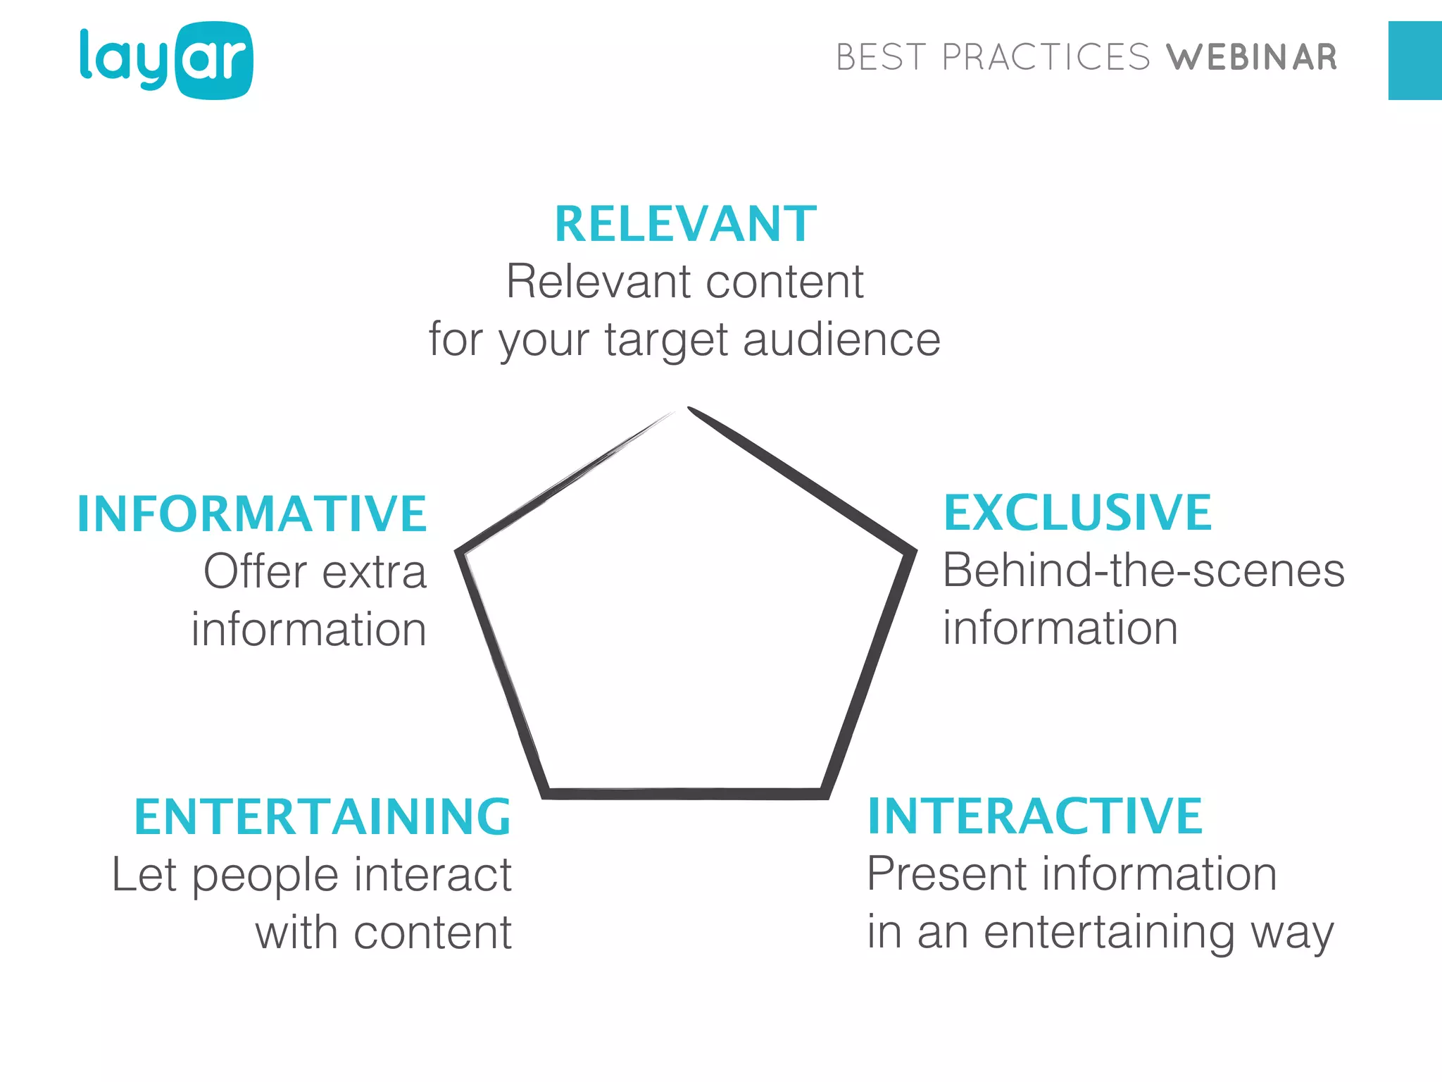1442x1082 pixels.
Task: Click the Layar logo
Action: pos(166,61)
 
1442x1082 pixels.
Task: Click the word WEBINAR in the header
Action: pos(1251,58)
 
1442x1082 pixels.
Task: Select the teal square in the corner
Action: pos(1415,61)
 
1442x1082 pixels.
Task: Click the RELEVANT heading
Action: pos(685,224)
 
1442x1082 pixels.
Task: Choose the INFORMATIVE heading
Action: pos(252,514)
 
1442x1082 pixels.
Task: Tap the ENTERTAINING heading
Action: pos(322,817)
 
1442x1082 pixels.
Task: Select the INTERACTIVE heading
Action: pos(1035,816)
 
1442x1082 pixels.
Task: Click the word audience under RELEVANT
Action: pos(841,340)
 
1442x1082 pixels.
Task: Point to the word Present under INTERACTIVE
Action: pos(947,873)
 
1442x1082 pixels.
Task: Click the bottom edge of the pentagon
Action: pos(685,794)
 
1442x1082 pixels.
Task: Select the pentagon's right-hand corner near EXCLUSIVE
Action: pos(912,551)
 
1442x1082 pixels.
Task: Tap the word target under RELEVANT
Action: pos(666,340)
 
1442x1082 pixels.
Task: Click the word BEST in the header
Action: pos(880,58)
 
